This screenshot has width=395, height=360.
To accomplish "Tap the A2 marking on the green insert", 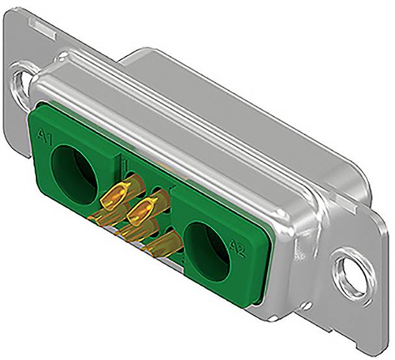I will point(236,248).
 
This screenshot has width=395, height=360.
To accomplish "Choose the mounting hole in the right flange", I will point(347,269).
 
